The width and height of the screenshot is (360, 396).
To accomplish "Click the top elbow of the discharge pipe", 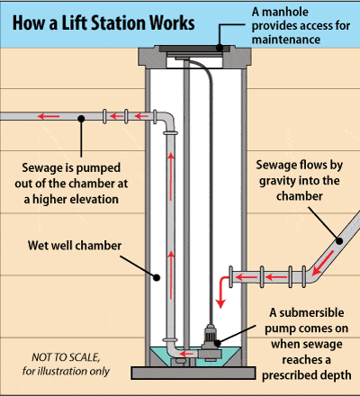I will coord(167,120).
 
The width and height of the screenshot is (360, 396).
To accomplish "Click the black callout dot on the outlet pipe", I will coord(81,116).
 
